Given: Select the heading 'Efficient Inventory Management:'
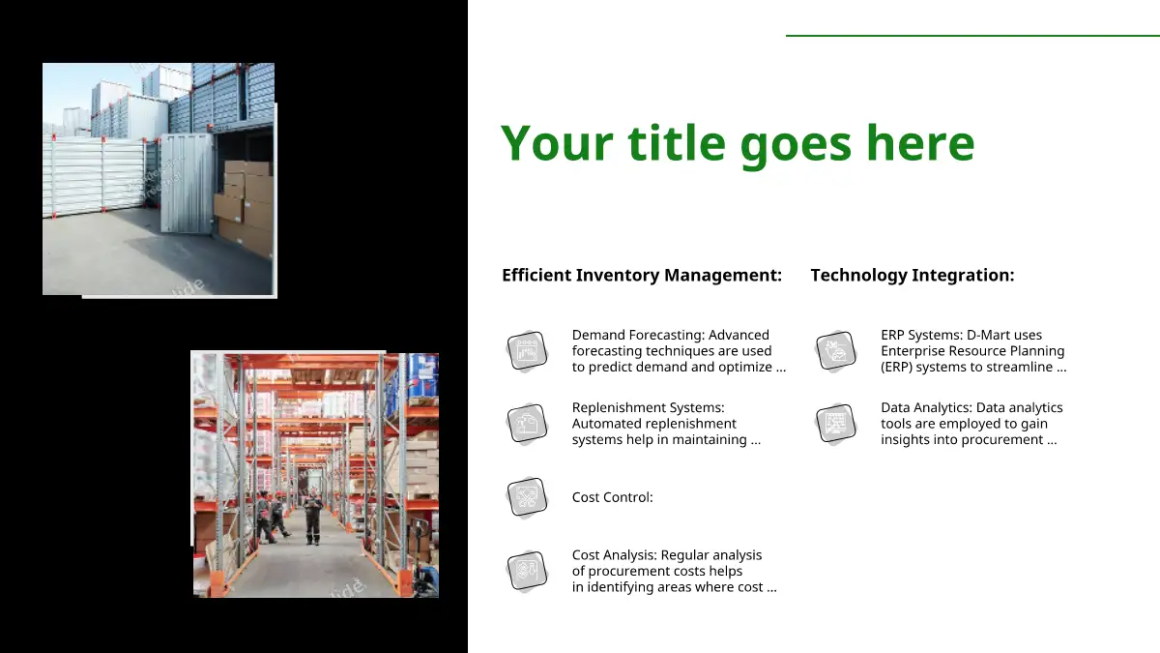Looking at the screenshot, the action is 642,275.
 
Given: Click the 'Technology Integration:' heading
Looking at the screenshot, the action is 913,275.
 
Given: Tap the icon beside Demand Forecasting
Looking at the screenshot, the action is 527,351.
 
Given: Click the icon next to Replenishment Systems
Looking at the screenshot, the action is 527,424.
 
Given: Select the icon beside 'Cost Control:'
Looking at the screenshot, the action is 527,497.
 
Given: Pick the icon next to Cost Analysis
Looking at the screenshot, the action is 527,571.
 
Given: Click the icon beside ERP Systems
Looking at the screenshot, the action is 836,351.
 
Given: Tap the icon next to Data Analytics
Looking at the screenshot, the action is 836,424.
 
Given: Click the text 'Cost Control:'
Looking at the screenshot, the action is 612,497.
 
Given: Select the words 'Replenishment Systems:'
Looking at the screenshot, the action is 648,408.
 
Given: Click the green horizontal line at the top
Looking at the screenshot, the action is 972,35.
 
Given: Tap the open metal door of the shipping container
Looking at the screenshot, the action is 187,183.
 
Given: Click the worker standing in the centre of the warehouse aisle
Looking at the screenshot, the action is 313,519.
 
